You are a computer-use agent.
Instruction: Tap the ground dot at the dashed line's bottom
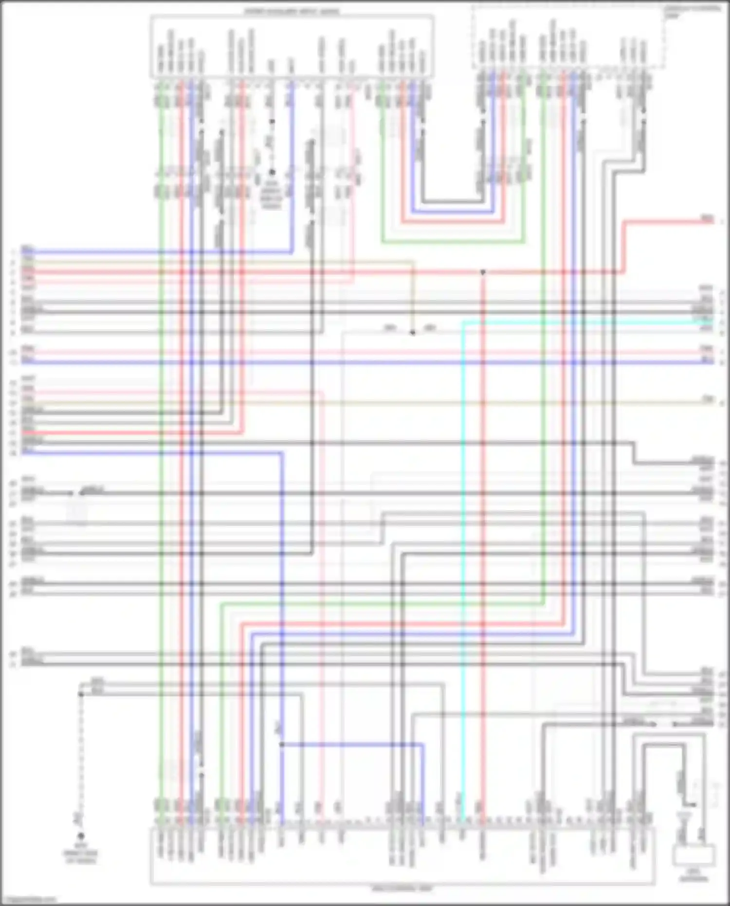(81, 835)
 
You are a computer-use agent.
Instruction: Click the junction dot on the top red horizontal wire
(483, 272)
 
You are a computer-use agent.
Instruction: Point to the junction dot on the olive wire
(413, 333)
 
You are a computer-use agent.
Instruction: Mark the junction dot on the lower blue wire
(282, 744)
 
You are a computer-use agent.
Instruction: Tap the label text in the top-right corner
(692, 11)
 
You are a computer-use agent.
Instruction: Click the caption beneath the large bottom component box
(402, 888)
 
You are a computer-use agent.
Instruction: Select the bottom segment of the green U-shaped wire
(453, 241)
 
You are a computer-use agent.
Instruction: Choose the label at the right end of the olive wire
(708, 400)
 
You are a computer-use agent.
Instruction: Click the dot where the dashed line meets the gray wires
(81, 694)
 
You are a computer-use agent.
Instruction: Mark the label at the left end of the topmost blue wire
(28, 250)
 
